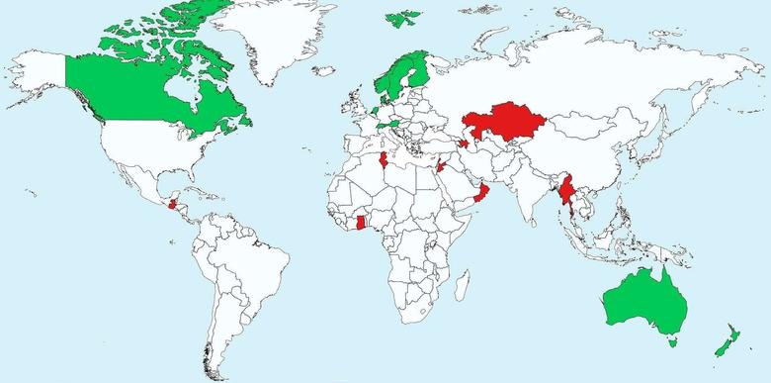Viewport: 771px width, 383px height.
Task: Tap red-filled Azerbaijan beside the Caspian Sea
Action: pyautogui.click(x=462, y=144)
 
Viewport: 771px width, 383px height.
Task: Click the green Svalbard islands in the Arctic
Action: pyautogui.click(x=402, y=19)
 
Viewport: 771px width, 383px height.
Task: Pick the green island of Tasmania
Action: pyautogui.click(x=672, y=342)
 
